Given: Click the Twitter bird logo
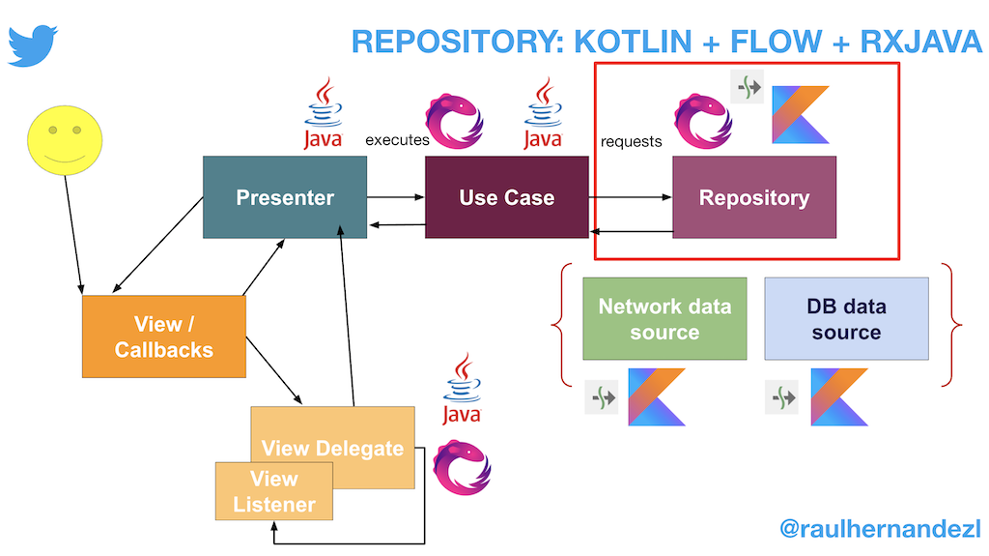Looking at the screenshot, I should (x=33, y=45).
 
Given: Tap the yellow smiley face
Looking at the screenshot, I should (x=64, y=141).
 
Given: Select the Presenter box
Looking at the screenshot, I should (x=285, y=197).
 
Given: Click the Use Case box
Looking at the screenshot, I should (x=507, y=197).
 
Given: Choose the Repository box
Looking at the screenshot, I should (x=754, y=197).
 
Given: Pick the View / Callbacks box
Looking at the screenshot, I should (x=164, y=336).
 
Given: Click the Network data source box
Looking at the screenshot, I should (x=664, y=318).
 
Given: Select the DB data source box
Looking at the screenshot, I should (x=846, y=318).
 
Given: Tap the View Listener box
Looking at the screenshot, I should (x=274, y=491).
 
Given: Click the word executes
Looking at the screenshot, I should (x=397, y=140).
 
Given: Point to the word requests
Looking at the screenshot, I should (x=632, y=141).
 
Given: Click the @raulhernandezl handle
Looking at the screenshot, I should (x=880, y=529).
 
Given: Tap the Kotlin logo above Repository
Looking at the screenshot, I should (x=801, y=115).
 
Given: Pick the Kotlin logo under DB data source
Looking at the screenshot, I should (x=839, y=396).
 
